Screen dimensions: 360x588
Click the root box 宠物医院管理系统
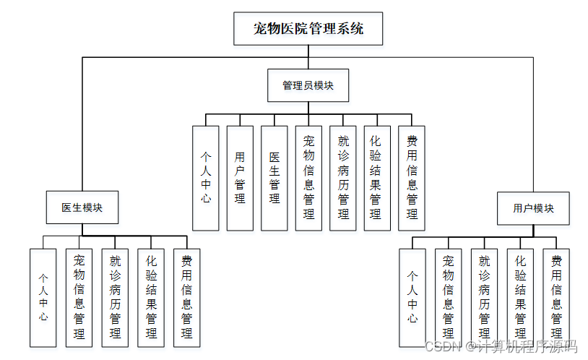tap(308, 30)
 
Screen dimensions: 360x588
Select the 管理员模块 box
tap(308, 85)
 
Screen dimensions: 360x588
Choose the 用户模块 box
tap(533, 208)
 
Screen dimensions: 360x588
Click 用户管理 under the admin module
tap(240, 178)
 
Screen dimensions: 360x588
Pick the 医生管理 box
tap(274, 178)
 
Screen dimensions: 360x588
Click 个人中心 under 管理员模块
tap(206, 178)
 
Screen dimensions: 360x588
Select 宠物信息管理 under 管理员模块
tap(308, 178)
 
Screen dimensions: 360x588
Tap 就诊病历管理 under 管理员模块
tap(343, 178)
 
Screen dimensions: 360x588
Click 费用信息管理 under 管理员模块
tap(412, 178)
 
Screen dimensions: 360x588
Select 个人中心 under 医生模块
tap(43, 297)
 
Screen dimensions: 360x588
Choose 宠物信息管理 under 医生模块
tap(79, 297)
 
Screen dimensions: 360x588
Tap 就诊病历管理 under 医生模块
tap(115, 297)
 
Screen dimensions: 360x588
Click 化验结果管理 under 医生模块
tap(151, 297)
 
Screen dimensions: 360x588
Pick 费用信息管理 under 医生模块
tap(186, 297)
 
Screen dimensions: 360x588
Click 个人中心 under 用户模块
tap(412, 297)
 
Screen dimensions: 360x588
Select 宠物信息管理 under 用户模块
tap(449, 297)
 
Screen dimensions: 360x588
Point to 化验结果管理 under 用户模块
tap(521, 297)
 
